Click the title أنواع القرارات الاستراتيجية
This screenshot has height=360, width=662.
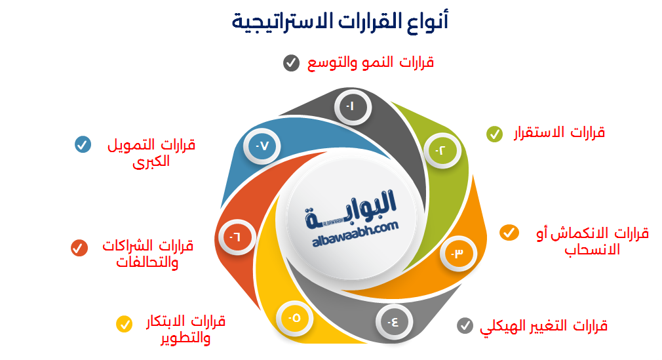340,22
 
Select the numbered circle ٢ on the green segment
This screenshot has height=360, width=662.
441,150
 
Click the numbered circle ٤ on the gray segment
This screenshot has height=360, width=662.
392,321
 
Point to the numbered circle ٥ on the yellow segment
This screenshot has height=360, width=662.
294,318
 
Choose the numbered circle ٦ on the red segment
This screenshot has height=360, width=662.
234,237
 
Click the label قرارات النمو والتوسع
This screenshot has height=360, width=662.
371,63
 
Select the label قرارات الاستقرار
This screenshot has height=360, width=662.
558,132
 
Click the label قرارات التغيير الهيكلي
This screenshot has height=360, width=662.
544,325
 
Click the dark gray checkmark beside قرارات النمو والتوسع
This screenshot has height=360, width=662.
290,63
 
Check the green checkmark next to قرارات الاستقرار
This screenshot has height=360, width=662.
494,134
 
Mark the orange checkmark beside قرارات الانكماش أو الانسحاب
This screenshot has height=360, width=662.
509,233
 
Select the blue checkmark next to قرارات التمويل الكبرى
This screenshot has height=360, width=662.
82,145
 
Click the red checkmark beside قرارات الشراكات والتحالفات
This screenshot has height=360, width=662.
79,247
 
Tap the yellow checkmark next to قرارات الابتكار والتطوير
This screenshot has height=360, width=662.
124,324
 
